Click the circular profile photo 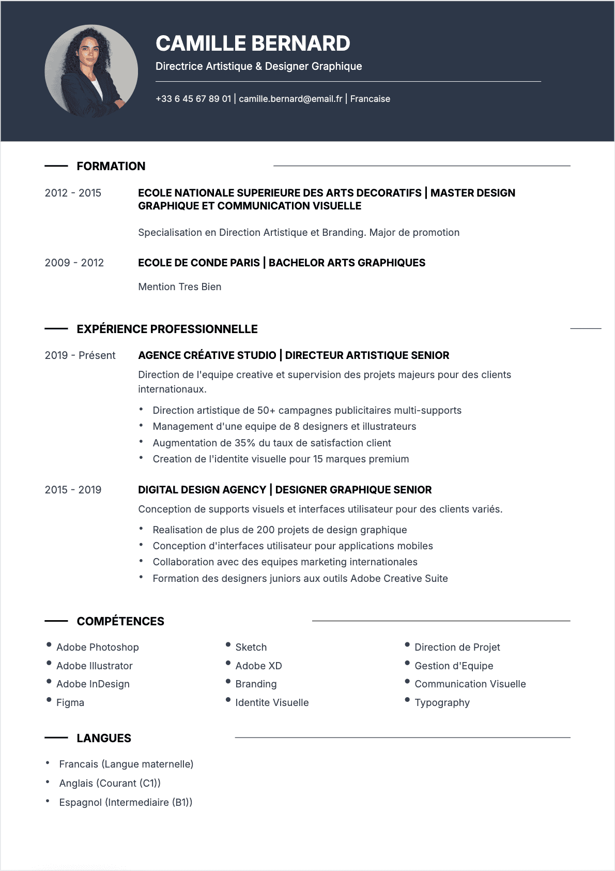[91, 71]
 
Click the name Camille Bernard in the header [253, 43]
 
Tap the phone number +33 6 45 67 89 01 [193, 99]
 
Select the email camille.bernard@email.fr [290, 99]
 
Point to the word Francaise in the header [370, 99]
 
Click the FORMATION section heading [111, 166]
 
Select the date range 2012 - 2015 [73, 193]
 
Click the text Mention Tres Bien [179, 287]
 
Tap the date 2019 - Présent [80, 355]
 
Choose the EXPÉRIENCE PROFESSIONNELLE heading [167, 329]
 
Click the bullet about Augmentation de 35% [272, 443]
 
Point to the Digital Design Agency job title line [285, 490]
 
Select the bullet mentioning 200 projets [280, 530]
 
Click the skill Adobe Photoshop [98, 647]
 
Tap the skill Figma [70, 702]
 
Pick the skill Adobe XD [258, 666]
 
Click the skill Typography [442, 702]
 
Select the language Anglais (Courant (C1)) [110, 783]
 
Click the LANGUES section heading [104, 738]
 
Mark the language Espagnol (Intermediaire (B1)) [126, 802]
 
